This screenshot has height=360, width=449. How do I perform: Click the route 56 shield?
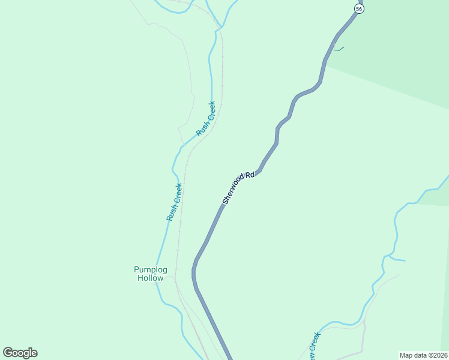358,8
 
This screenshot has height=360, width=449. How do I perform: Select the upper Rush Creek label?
205,118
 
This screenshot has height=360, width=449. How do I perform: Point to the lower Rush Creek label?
175,202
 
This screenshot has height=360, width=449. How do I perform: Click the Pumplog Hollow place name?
150,274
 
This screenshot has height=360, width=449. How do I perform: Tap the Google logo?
20,353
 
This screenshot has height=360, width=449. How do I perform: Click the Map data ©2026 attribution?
423,355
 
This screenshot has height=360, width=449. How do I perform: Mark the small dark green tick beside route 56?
339,49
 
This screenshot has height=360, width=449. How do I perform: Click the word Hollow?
150,278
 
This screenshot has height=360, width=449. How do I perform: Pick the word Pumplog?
150,269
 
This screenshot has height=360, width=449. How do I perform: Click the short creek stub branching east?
398,260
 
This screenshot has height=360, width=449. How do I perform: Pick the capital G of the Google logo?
8,353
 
